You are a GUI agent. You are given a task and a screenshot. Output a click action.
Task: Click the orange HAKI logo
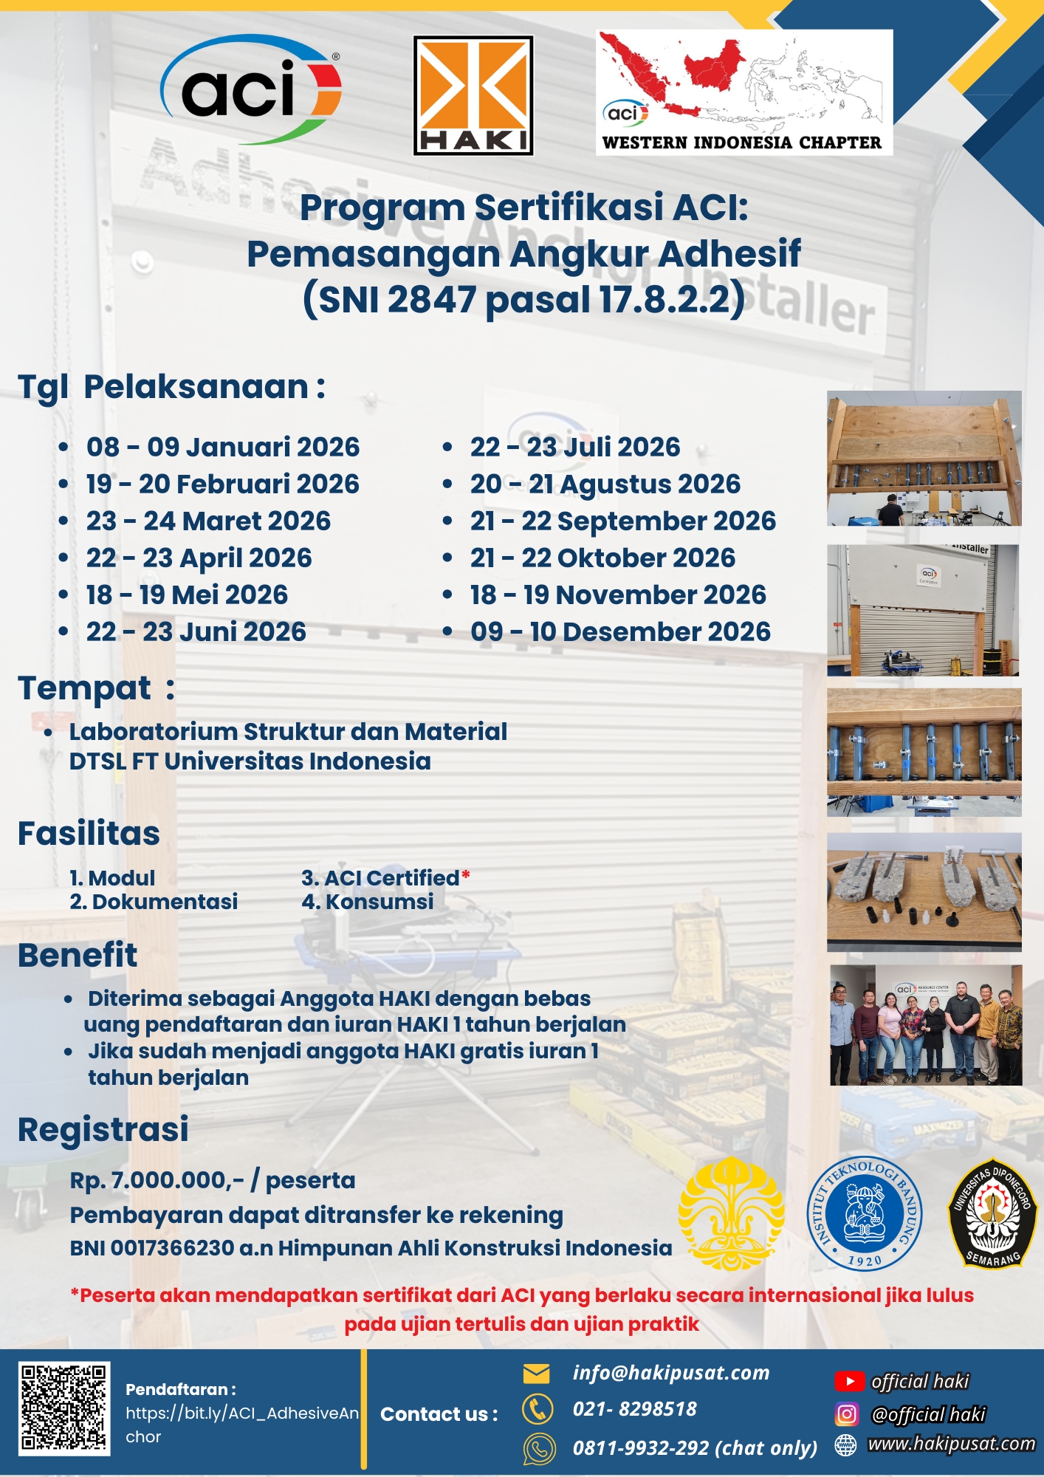click(x=473, y=95)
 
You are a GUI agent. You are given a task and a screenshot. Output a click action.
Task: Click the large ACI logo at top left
click(x=251, y=89)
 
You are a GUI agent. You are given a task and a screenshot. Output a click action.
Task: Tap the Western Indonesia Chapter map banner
click(x=744, y=92)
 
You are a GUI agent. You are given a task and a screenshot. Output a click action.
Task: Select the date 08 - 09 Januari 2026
click(x=222, y=447)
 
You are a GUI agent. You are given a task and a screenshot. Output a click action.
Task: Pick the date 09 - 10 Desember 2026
click(x=620, y=631)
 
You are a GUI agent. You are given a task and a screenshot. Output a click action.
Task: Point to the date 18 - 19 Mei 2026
click(x=187, y=594)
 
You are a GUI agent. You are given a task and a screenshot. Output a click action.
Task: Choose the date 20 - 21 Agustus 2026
click(x=605, y=484)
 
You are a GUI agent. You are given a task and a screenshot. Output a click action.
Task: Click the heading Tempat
click(x=85, y=688)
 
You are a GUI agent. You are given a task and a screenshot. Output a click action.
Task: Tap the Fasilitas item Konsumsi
click(x=379, y=902)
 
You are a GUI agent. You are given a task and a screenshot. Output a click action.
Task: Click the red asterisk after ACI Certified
click(x=466, y=876)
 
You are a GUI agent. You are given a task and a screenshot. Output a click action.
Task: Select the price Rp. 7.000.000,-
click(x=157, y=1180)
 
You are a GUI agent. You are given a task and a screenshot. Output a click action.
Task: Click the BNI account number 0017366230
click(x=172, y=1248)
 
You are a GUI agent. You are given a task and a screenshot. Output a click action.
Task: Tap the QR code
click(x=64, y=1408)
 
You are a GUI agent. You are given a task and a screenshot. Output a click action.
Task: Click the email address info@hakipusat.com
click(x=670, y=1373)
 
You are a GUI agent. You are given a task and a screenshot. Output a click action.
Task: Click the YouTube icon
click(x=849, y=1381)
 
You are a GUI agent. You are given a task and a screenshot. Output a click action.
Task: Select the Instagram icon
click(x=847, y=1414)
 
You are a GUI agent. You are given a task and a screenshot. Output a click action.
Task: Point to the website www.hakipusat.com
click(x=951, y=1444)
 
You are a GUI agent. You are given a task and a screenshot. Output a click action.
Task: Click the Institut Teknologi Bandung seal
click(x=864, y=1213)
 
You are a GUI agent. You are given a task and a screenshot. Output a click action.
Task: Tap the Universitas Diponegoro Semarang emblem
click(x=993, y=1213)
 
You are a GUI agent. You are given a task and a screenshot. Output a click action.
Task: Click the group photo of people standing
click(x=926, y=1025)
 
